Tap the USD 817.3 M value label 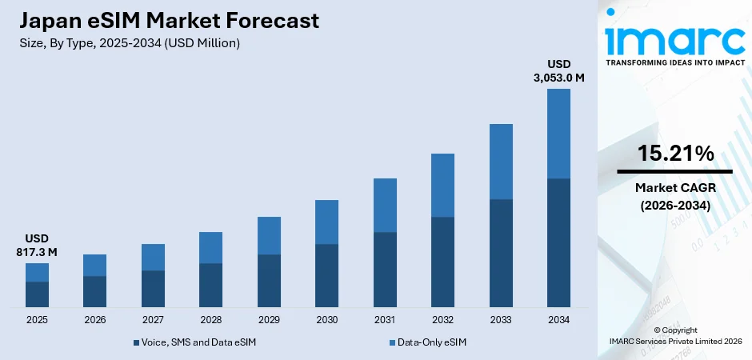click(x=37, y=246)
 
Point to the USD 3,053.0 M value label click(x=559, y=70)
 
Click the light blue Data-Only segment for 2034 click(x=558, y=133)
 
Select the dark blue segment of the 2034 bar click(x=558, y=242)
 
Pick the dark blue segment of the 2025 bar click(x=37, y=294)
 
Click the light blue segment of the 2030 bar click(x=326, y=222)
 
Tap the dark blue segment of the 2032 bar click(x=442, y=262)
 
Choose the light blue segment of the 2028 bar click(x=210, y=247)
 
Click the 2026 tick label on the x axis click(x=94, y=320)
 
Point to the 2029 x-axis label click(x=269, y=320)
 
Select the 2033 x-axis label click(x=501, y=320)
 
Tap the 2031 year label click(x=385, y=320)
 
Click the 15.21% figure click(x=674, y=154)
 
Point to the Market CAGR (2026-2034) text click(x=674, y=196)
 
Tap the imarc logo click(x=674, y=38)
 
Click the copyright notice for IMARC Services click(x=674, y=335)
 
